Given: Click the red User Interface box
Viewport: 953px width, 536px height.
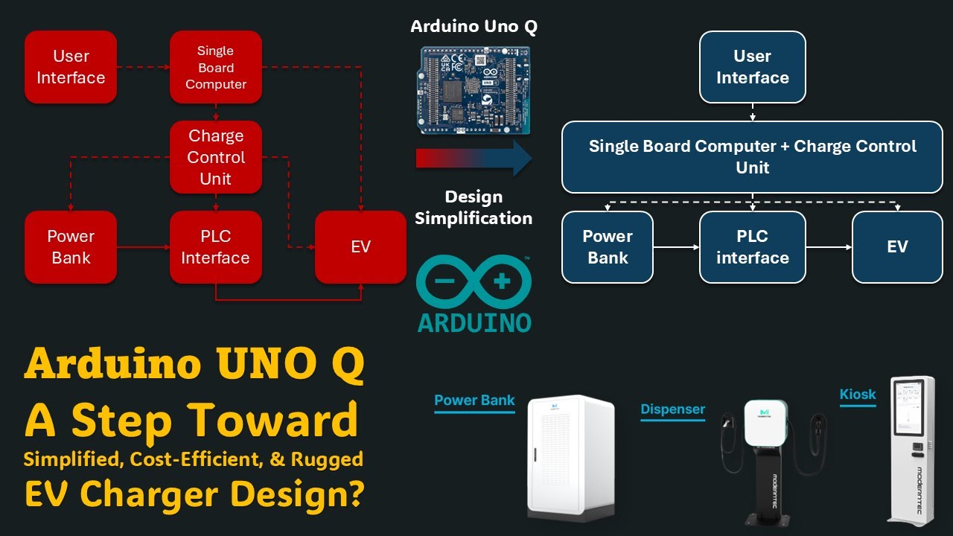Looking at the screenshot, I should point(71,67).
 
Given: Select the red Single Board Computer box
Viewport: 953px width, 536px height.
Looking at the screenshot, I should point(216,67).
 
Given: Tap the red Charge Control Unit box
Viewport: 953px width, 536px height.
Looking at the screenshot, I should point(216,157).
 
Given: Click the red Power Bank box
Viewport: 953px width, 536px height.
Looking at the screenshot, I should point(71,247).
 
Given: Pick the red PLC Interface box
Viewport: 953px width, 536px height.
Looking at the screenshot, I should point(216,247).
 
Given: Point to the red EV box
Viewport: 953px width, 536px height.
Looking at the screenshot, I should point(360,247).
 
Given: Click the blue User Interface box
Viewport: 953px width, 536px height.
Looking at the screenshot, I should point(752,67).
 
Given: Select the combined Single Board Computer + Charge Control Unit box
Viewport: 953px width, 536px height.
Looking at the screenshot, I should point(752,157).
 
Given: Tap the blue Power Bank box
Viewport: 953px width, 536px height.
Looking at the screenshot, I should point(608,247).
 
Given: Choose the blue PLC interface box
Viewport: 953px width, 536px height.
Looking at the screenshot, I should point(752,247).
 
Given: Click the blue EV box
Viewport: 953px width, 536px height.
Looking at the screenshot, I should point(897,247).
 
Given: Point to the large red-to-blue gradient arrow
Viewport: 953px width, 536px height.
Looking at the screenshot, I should point(474,159).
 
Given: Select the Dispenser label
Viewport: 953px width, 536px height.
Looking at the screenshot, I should point(672,409).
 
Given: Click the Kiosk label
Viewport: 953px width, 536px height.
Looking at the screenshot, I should point(858,395).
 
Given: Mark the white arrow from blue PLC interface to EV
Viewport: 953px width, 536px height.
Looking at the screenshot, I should point(829,247).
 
